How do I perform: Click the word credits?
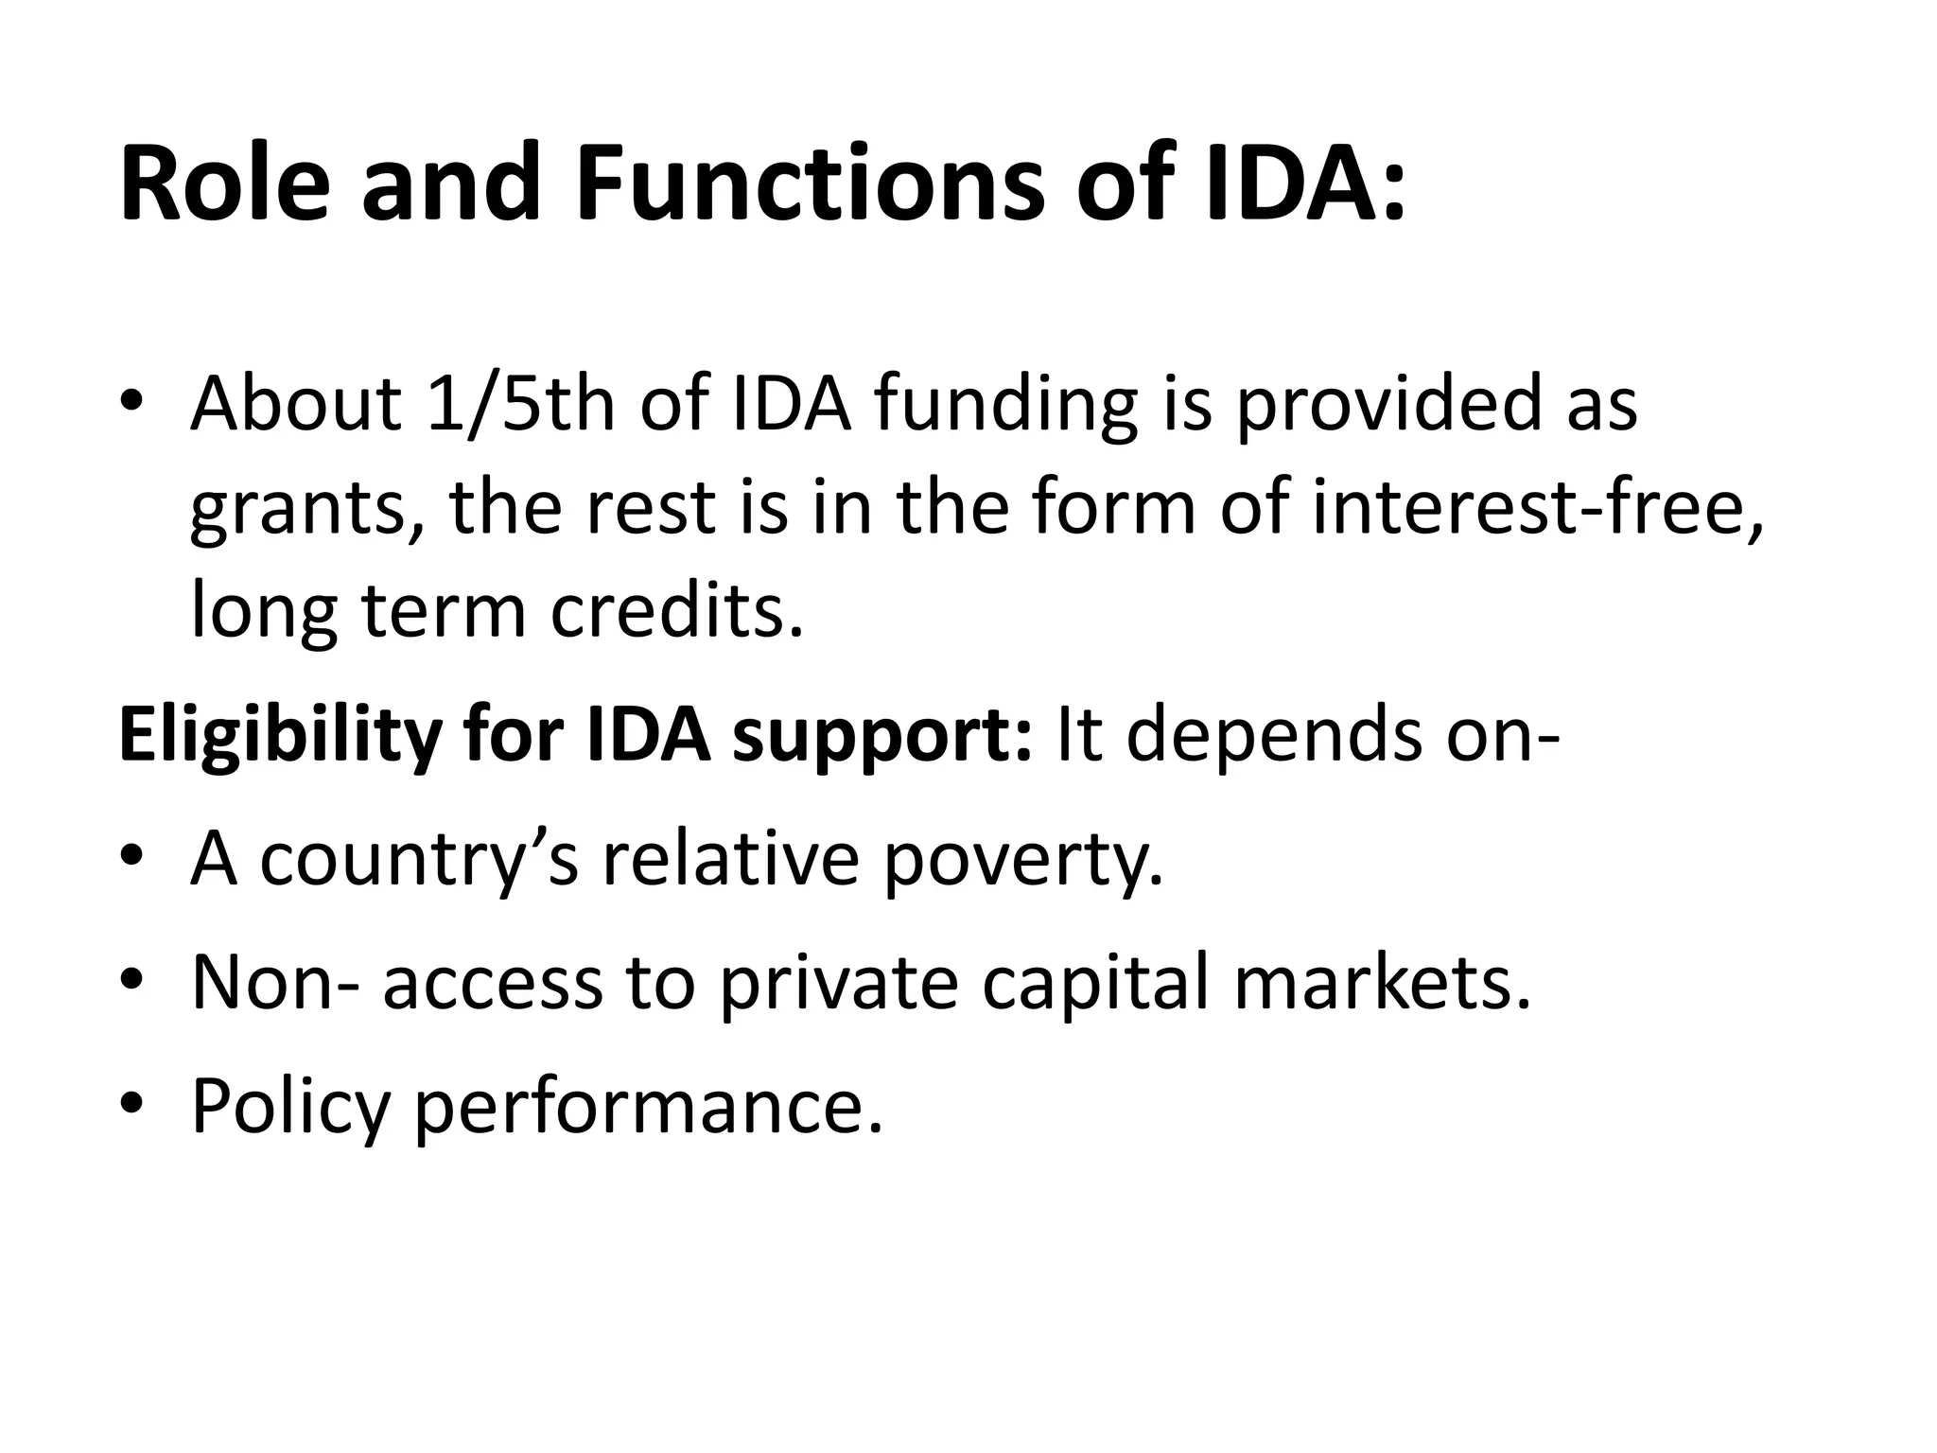coord(677,610)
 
